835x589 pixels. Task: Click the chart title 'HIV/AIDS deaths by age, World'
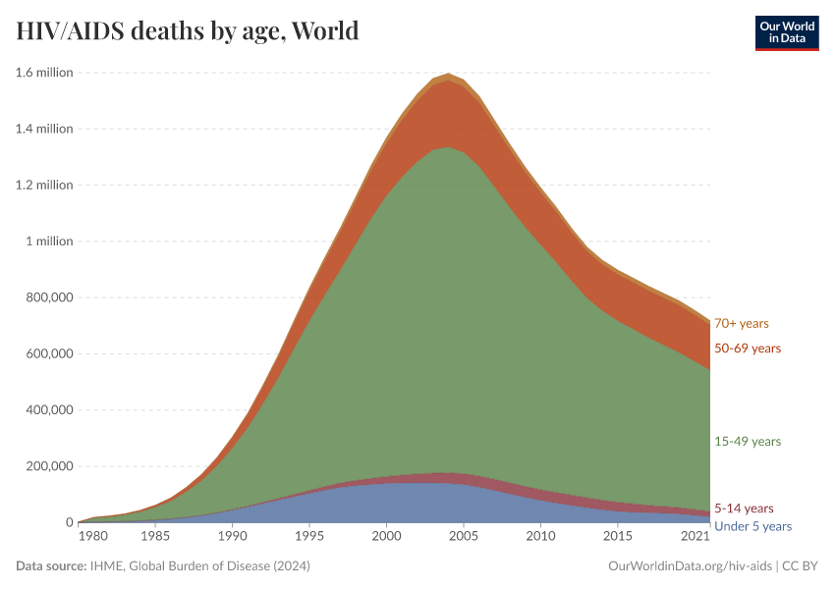pyautogui.click(x=187, y=31)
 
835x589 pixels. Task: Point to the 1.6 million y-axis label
pyautogui.click(x=44, y=73)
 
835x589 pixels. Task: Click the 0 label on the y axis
pyautogui.click(x=69, y=522)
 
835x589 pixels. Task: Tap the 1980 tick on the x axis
pyautogui.click(x=92, y=538)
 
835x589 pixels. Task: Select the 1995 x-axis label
pyautogui.click(x=309, y=538)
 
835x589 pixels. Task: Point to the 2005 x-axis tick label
pyautogui.click(x=464, y=538)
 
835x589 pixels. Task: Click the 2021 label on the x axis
pyautogui.click(x=696, y=538)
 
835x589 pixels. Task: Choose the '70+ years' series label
pyautogui.click(x=742, y=323)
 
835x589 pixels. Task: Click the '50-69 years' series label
pyautogui.click(x=748, y=348)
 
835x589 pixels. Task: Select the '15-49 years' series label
pyautogui.click(x=748, y=442)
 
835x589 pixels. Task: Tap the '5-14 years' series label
pyautogui.click(x=744, y=509)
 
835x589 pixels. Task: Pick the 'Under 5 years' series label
pyautogui.click(x=752, y=526)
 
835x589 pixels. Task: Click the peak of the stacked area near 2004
pyautogui.click(x=448, y=74)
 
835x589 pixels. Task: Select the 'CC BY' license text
pyautogui.click(x=801, y=566)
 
